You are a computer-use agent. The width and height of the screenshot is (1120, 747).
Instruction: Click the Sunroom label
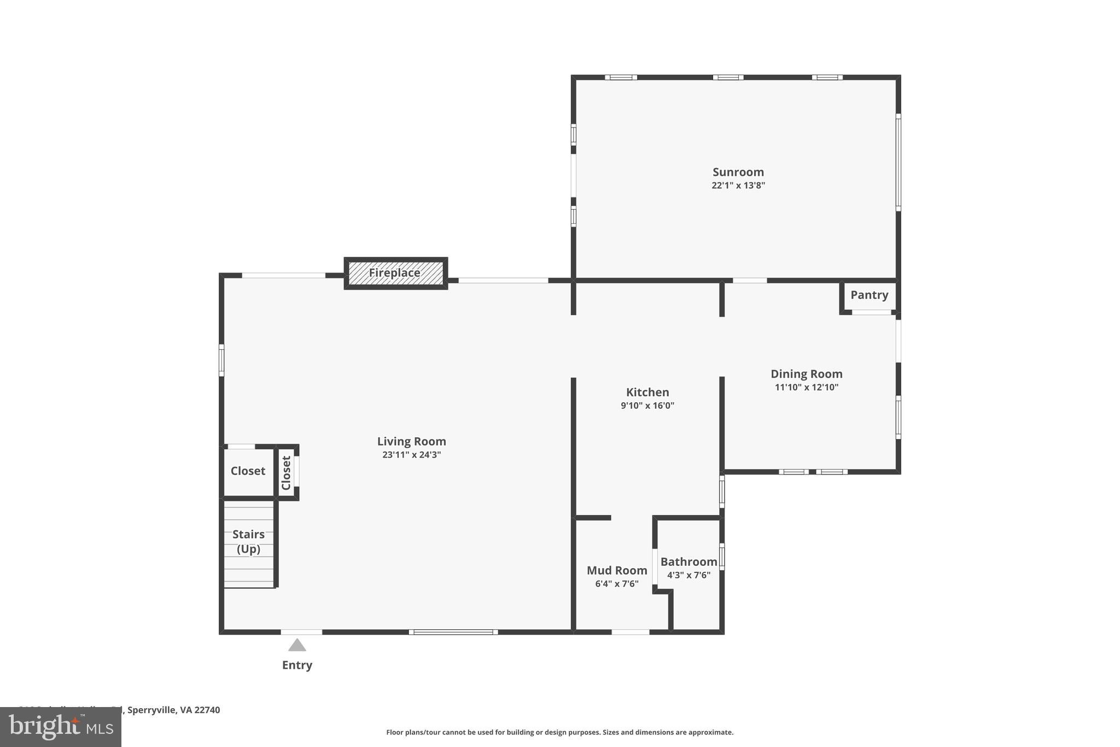pyautogui.click(x=738, y=172)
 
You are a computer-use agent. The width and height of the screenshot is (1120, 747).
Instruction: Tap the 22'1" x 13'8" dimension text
pyautogui.click(x=738, y=186)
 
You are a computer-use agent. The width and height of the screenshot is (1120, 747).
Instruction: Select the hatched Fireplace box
pyautogui.click(x=395, y=273)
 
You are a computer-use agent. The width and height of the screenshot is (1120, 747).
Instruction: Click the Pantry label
pyautogui.click(x=869, y=295)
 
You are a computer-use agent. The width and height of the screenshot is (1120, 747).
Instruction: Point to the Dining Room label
pyautogui.click(x=806, y=374)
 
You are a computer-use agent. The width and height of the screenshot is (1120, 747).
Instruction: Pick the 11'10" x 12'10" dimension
pyautogui.click(x=806, y=387)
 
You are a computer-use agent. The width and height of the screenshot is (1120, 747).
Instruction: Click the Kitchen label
pyautogui.click(x=647, y=392)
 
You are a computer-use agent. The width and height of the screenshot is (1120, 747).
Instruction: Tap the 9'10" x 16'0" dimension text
pyautogui.click(x=647, y=406)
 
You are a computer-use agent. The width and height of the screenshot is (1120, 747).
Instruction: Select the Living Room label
pyautogui.click(x=411, y=441)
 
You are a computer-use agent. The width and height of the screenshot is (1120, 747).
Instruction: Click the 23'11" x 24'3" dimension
pyautogui.click(x=411, y=455)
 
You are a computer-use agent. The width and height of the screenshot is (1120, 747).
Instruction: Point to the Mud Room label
pyautogui.click(x=617, y=570)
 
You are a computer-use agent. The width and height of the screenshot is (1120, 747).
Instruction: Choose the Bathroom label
pyautogui.click(x=689, y=561)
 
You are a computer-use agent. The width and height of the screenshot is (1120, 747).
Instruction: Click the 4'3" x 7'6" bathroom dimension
pyautogui.click(x=689, y=575)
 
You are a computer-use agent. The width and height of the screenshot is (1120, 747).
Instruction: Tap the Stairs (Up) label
pyautogui.click(x=248, y=541)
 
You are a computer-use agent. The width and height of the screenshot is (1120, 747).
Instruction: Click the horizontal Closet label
pyautogui.click(x=248, y=471)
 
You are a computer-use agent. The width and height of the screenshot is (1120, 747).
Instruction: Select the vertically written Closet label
pyautogui.click(x=286, y=473)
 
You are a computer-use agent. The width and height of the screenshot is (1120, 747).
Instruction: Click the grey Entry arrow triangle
pyautogui.click(x=297, y=645)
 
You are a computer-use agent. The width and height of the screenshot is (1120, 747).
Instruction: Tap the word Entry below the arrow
pyautogui.click(x=297, y=665)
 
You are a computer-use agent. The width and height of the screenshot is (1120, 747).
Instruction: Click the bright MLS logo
pyautogui.click(x=61, y=727)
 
